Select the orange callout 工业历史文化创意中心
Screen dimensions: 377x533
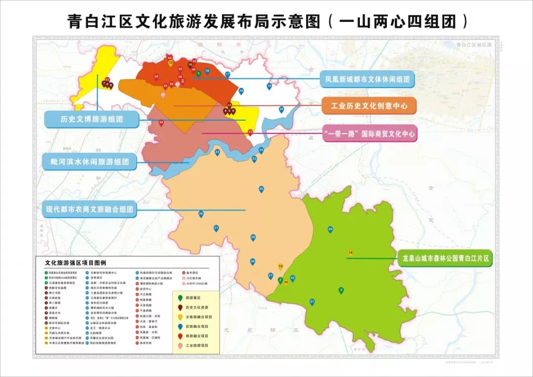pos(369,106)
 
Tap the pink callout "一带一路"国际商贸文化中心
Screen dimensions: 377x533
pos(370,133)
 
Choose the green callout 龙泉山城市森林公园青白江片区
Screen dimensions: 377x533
pos(445,258)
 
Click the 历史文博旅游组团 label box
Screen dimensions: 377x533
pos(91,119)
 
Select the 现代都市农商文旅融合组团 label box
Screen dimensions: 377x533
pos(90,209)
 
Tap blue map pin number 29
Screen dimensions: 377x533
pos(330,229)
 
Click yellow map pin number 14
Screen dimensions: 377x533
pos(350,253)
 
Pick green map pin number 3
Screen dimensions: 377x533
pos(341,290)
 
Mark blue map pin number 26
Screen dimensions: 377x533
pos(201,213)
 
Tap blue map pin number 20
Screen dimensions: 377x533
pos(281,109)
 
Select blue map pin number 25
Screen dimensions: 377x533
pos(261,189)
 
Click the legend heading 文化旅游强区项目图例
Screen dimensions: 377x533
pos(75,263)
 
